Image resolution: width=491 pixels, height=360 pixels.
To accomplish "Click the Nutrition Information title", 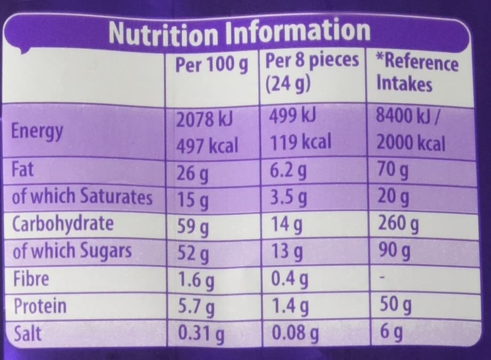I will point(239,32).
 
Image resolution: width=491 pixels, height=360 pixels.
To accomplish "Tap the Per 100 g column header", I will point(211,65).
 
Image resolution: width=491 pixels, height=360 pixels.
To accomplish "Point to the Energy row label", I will point(38,132).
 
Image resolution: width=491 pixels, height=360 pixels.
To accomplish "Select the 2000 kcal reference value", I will point(411,143).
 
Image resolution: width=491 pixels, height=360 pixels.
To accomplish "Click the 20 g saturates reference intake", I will point(394,199).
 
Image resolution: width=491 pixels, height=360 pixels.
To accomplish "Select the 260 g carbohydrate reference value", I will point(398,225).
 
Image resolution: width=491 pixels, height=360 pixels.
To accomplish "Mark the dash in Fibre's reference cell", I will point(382,279).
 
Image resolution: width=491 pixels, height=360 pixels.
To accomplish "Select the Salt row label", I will point(27,333).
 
